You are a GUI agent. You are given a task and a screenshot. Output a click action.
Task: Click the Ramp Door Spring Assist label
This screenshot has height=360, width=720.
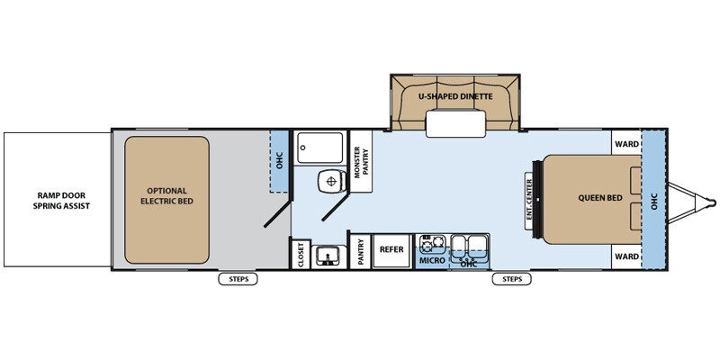pos(61,201)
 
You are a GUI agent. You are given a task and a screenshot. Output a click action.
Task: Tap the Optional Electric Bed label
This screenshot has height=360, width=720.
pos(166,195)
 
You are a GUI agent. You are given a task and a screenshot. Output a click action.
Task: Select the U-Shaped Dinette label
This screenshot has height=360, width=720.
pos(455,96)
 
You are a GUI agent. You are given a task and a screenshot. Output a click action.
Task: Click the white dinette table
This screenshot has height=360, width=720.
pos(455,123)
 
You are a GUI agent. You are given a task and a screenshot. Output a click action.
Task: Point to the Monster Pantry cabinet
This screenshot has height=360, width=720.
pos(361,161)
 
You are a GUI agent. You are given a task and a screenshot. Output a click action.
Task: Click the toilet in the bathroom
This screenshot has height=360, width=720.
pos(329,181)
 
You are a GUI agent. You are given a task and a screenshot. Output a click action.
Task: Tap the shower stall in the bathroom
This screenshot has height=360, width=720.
pos(319,148)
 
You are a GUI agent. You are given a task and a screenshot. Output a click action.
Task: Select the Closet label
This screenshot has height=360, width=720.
pos(301,255)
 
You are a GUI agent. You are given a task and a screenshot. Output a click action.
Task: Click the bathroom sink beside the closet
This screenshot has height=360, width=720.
pos(328,256)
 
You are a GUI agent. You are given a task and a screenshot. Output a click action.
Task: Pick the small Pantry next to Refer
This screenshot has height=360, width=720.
pos(361,252)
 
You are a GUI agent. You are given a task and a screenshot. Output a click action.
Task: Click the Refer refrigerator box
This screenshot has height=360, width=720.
pos(391,252)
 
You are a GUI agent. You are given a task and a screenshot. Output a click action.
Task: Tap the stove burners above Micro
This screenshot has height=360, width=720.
pos(433,244)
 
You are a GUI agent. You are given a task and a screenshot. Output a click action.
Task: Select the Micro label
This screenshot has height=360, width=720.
pos(433,260)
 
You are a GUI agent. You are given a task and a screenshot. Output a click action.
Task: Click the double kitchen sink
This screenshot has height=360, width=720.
pos(468,248)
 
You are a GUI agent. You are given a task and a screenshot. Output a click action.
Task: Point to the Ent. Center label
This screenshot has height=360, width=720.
pos(529,200)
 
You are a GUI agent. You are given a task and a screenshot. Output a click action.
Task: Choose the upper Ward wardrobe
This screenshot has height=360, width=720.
pos(626,143)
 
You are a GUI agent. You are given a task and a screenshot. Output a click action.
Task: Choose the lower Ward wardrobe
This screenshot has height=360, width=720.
pos(626,256)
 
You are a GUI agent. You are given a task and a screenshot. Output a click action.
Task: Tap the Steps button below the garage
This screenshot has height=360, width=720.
pos(238,279)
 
